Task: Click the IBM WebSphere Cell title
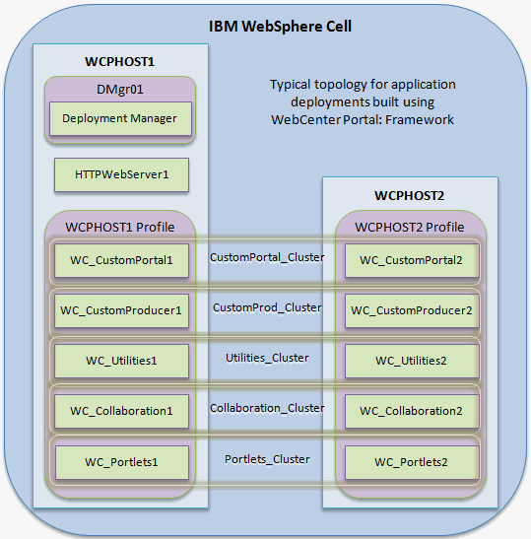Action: point(280,25)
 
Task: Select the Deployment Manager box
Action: point(119,118)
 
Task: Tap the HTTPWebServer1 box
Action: point(121,175)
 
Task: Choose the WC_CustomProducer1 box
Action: point(120,309)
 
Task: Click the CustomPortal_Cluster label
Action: point(267,257)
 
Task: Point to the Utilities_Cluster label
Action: point(267,358)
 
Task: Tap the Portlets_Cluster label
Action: point(267,459)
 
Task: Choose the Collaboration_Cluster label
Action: point(267,408)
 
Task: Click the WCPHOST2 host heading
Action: point(409,195)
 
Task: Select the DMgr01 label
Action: point(119,88)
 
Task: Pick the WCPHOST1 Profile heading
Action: point(119,228)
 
